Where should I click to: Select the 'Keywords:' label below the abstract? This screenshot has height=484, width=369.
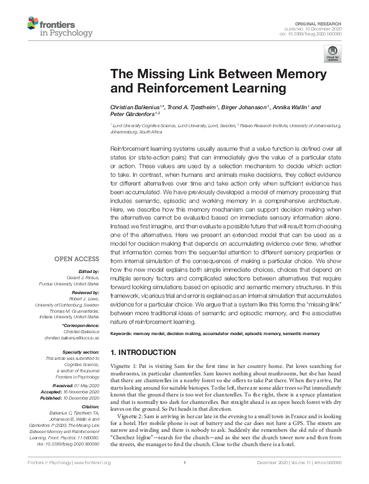click(122, 334)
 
